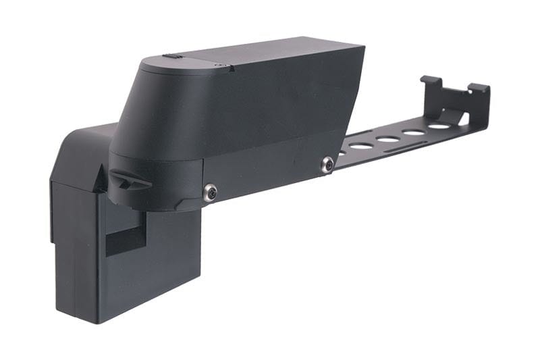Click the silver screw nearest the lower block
pyautogui.click(x=211, y=192)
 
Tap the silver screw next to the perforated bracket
pyautogui.click(x=327, y=164)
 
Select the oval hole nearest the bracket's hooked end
pyautogui.click(x=441, y=126)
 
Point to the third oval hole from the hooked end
pyautogui.click(x=388, y=139)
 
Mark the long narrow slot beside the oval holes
pyautogui.click(x=405, y=147)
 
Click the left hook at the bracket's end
pyautogui.click(x=429, y=82)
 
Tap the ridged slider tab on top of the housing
pyautogui.click(x=173, y=57)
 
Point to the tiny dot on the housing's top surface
pyautogui.click(x=217, y=65)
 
